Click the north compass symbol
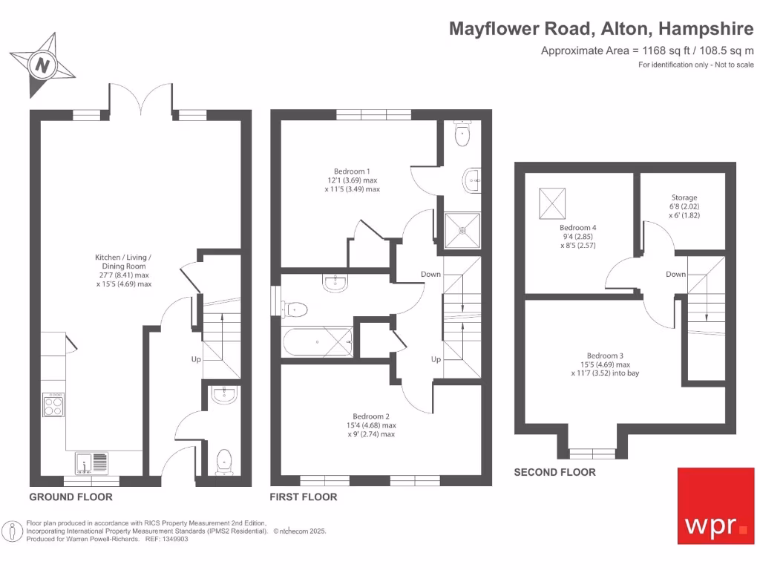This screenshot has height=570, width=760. pos(43,65)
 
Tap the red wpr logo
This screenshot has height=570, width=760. pos(715,505)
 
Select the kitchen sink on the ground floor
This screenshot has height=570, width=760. pos(91,464)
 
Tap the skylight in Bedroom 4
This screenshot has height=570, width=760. pos(551,200)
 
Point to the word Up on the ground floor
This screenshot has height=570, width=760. pos(197,359)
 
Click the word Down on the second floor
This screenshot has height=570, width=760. pos(675,274)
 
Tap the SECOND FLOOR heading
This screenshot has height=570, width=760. pos(554,472)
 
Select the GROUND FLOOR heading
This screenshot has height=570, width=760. pos(71,497)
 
